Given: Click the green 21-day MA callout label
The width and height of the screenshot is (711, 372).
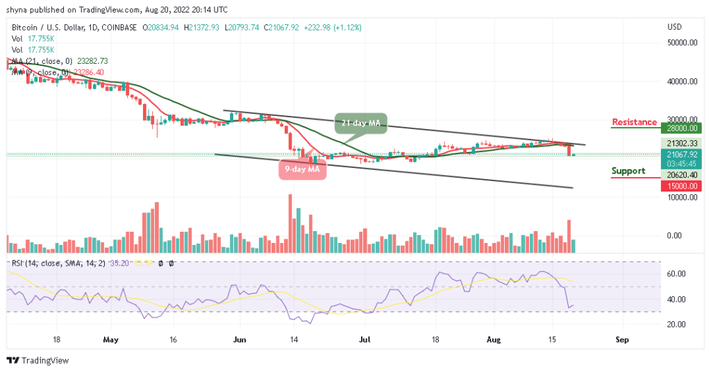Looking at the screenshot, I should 361,123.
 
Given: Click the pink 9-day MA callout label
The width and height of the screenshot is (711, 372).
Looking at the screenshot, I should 303,169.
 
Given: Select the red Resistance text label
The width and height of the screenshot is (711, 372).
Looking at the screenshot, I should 634,123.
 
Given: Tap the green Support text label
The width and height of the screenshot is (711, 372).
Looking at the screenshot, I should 628,171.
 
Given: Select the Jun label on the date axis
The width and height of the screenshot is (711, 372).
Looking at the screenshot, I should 240,341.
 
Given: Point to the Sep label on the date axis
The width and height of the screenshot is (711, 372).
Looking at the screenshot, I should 622,341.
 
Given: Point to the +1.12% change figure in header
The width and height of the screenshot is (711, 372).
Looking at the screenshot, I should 346,28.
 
